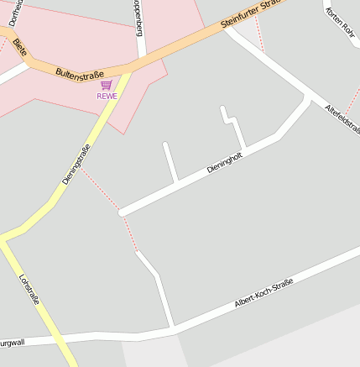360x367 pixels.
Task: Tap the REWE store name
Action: pos(107,96)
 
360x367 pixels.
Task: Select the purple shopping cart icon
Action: pos(106,85)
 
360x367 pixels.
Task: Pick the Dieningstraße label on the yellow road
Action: pos(76,165)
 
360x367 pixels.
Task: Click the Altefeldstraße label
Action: pos(342,117)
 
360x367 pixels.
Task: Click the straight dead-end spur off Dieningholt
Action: pos(170,161)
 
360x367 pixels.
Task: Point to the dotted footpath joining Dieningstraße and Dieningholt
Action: pos(101,189)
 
